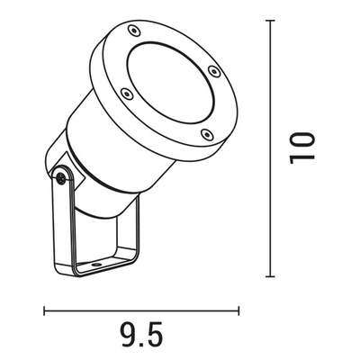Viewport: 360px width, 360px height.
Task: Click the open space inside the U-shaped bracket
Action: tap(103, 238)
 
